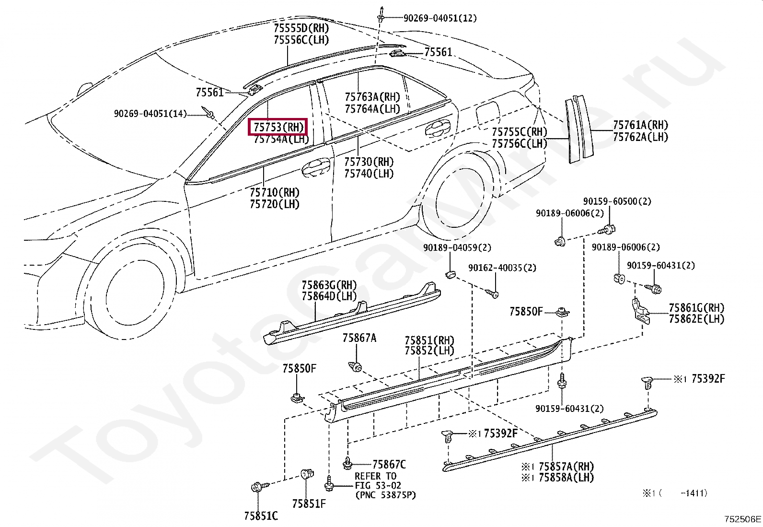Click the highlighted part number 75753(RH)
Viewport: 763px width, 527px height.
click(278, 127)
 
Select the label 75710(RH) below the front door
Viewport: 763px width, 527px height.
click(274, 193)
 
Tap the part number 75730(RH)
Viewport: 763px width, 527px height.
click(369, 162)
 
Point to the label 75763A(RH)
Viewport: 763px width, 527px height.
click(372, 97)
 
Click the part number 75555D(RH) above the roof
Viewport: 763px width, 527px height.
click(301, 28)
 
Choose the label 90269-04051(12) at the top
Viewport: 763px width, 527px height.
click(439, 18)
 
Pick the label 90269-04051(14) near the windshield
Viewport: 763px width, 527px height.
click(150, 114)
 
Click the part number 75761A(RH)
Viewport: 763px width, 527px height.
click(640, 125)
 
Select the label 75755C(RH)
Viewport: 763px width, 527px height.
click(519, 132)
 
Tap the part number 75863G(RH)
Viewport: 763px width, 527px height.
click(329, 285)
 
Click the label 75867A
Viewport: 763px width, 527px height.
click(359, 338)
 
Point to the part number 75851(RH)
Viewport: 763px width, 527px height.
click(429, 340)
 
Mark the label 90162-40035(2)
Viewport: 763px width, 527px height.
click(502, 268)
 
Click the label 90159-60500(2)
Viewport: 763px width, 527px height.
click(617, 201)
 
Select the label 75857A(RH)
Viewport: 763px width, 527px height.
click(566, 467)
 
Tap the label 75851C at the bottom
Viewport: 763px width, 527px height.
click(260, 516)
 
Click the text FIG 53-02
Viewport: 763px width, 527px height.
click(378, 485)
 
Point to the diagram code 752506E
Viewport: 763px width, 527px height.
click(742, 519)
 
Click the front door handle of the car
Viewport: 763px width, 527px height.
click(315, 166)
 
